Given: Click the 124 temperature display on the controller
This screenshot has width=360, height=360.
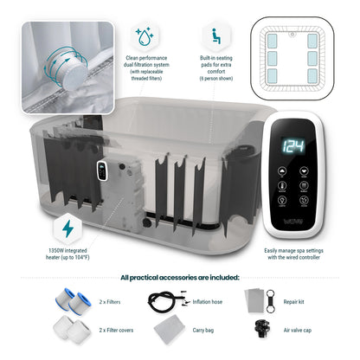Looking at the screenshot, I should (x=293, y=145).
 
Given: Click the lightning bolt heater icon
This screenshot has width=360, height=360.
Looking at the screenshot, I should (x=67, y=228).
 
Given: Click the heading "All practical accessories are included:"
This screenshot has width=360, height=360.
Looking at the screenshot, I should (x=180, y=277).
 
